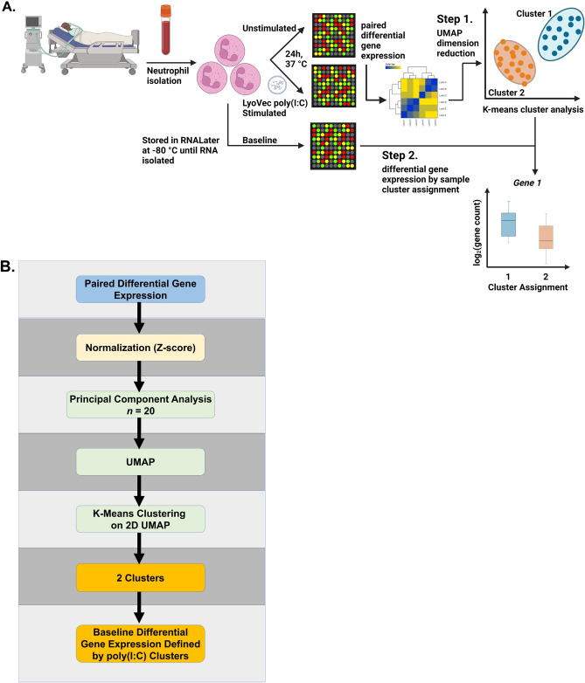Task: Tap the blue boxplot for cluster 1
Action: click(x=508, y=224)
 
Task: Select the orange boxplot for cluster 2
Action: click(x=545, y=237)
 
